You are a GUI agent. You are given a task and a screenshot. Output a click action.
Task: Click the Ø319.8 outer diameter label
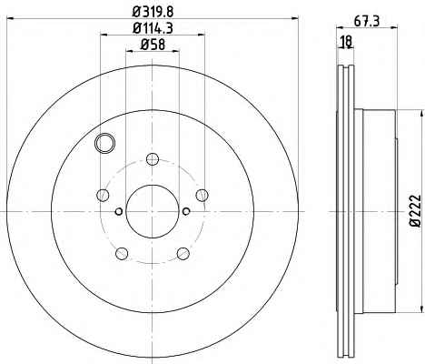pos(153,12)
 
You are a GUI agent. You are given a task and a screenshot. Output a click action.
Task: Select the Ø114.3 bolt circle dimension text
pos(153,28)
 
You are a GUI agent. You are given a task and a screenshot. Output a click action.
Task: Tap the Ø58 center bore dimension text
pos(153,45)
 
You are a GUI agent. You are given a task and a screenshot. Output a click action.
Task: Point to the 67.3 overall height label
pos(367,22)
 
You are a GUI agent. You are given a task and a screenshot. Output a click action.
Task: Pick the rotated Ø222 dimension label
pos(415,210)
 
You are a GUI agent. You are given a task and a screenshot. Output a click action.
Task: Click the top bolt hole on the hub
pos(153,159)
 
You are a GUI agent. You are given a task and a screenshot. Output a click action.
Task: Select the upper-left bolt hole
pos(103,195)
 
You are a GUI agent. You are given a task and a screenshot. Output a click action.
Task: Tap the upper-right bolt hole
pos(202,195)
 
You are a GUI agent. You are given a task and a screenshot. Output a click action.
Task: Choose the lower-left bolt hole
pos(122,253)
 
